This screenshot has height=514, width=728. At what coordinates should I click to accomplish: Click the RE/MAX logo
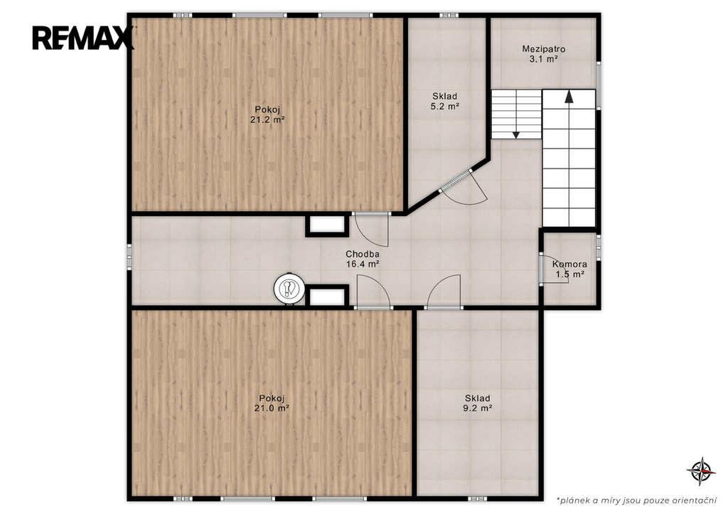click(x=82, y=38)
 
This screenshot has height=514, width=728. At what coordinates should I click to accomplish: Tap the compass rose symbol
click(x=701, y=471)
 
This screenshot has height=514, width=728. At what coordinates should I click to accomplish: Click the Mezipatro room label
click(x=544, y=49)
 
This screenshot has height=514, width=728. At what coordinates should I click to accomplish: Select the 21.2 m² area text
click(x=267, y=120)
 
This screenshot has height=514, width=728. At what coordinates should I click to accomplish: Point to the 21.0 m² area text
click(x=272, y=408)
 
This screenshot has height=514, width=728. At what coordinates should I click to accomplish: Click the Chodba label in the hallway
click(x=363, y=254)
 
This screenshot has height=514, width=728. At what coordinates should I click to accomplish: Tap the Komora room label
click(x=569, y=264)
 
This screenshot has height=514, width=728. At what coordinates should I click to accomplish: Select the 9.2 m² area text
click(x=477, y=408)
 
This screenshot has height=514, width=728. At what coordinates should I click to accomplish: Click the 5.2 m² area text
click(x=445, y=106)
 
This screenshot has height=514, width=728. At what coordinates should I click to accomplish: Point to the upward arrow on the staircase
click(x=569, y=96)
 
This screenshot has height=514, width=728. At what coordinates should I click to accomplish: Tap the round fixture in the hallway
click(x=289, y=289)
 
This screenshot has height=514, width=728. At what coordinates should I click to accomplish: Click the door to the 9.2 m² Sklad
click(x=444, y=292)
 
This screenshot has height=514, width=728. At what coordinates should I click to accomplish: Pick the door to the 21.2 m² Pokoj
click(x=371, y=230)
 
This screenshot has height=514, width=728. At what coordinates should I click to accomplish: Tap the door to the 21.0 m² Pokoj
click(x=373, y=291)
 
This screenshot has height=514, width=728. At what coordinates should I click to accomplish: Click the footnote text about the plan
click(x=638, y=500)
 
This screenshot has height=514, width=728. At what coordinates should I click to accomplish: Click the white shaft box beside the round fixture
click(x=327, y=296)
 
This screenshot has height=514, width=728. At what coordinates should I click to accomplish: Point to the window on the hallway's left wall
click(x=129, y=257)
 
